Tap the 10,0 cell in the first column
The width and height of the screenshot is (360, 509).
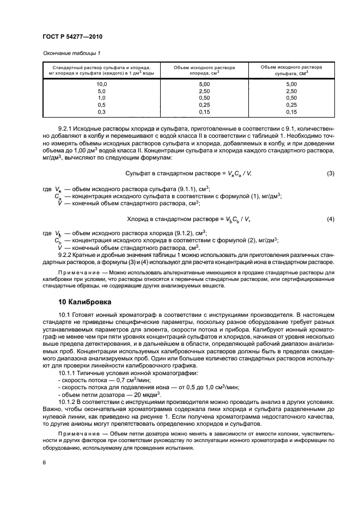coord(102,84)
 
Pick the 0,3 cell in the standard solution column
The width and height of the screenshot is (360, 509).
coord(102,112)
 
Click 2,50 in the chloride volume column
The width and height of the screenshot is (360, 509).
coord(204,91)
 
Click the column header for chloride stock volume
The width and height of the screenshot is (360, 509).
coord(204,70)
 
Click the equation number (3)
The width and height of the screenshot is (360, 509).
coord(330,173)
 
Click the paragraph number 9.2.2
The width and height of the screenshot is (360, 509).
coord(66,255)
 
